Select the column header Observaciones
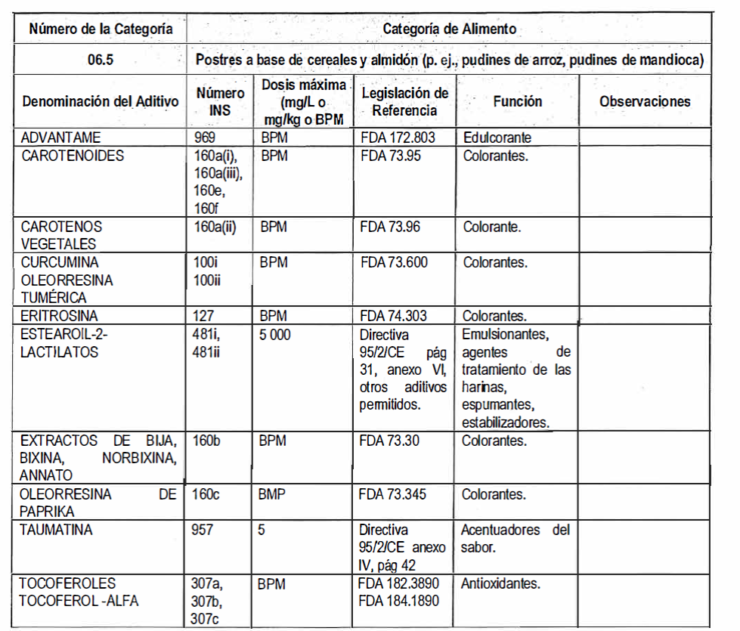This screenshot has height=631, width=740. (x=645, y=101)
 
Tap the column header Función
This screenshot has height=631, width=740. (x=518, y=101)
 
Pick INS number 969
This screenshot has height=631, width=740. (x=205, y=138)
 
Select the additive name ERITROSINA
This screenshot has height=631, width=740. (x=60, y=316)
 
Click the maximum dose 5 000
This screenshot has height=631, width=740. (x=275, y=335)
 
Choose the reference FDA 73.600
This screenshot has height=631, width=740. (x=394, y=263)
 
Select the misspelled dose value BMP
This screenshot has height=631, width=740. (x=273, y=495)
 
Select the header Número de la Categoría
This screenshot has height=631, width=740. (x=101, y=29)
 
